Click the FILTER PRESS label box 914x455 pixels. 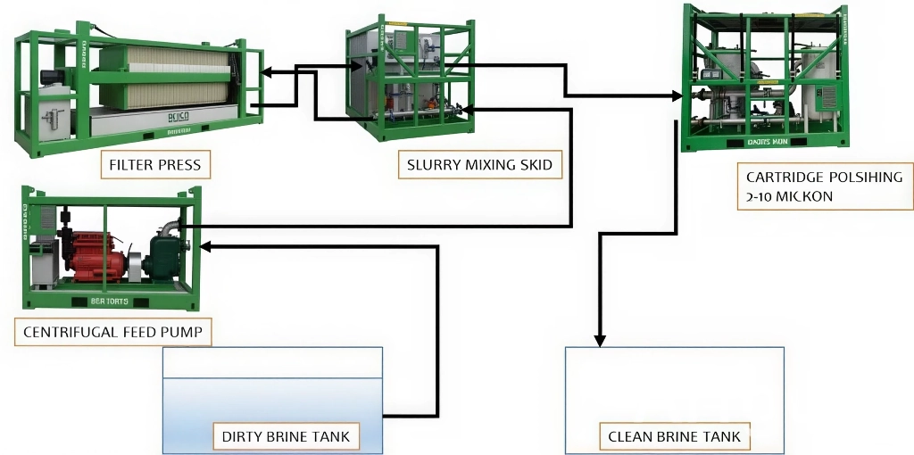154,165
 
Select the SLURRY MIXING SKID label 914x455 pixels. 479,165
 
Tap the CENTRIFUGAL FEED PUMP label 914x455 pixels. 112,333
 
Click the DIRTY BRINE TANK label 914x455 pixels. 286,437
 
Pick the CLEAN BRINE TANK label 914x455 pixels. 674,437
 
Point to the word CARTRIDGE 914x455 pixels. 786,177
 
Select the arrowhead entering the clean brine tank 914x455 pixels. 600,340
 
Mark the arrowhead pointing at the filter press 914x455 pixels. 269,71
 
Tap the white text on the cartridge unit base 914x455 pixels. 768,142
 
